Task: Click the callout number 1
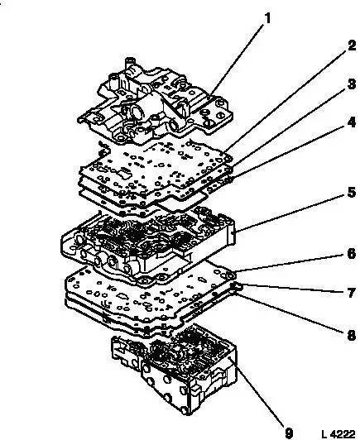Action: coord(267,18)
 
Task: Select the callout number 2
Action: coord(351,45)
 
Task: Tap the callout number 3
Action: coord(351,84)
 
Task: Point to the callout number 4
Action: coord(351,122)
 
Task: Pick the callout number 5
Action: coord(351,193)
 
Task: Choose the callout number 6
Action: coord(351,254)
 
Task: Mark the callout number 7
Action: coord(351,293)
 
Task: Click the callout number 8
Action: coord(351,335)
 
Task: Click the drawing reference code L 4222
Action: coord(338,434)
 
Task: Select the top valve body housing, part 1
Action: coord(155,104)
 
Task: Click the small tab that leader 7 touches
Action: coord(236,286)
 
